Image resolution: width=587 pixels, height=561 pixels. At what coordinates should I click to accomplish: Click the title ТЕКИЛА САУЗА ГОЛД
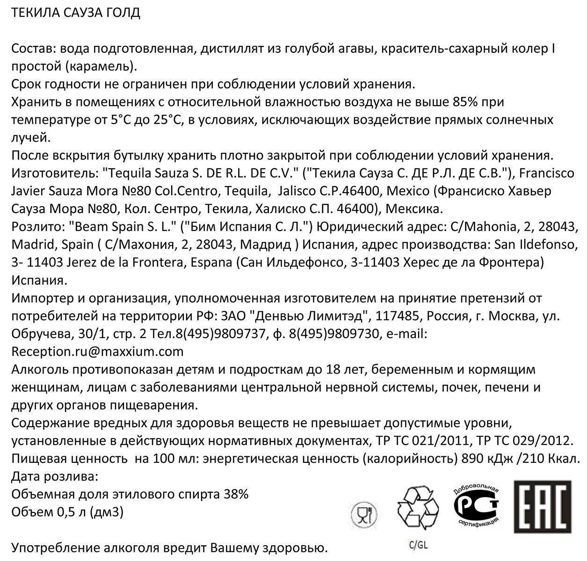75,13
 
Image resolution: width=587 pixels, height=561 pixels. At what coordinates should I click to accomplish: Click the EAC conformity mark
543,506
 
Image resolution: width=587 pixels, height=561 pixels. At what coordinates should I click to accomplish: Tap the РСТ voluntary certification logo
476,506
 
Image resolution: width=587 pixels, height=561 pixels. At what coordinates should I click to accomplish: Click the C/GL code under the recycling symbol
418,545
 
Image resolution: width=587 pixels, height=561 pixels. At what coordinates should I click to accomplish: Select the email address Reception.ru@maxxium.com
97,351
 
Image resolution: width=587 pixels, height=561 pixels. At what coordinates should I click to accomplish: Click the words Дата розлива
54,476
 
